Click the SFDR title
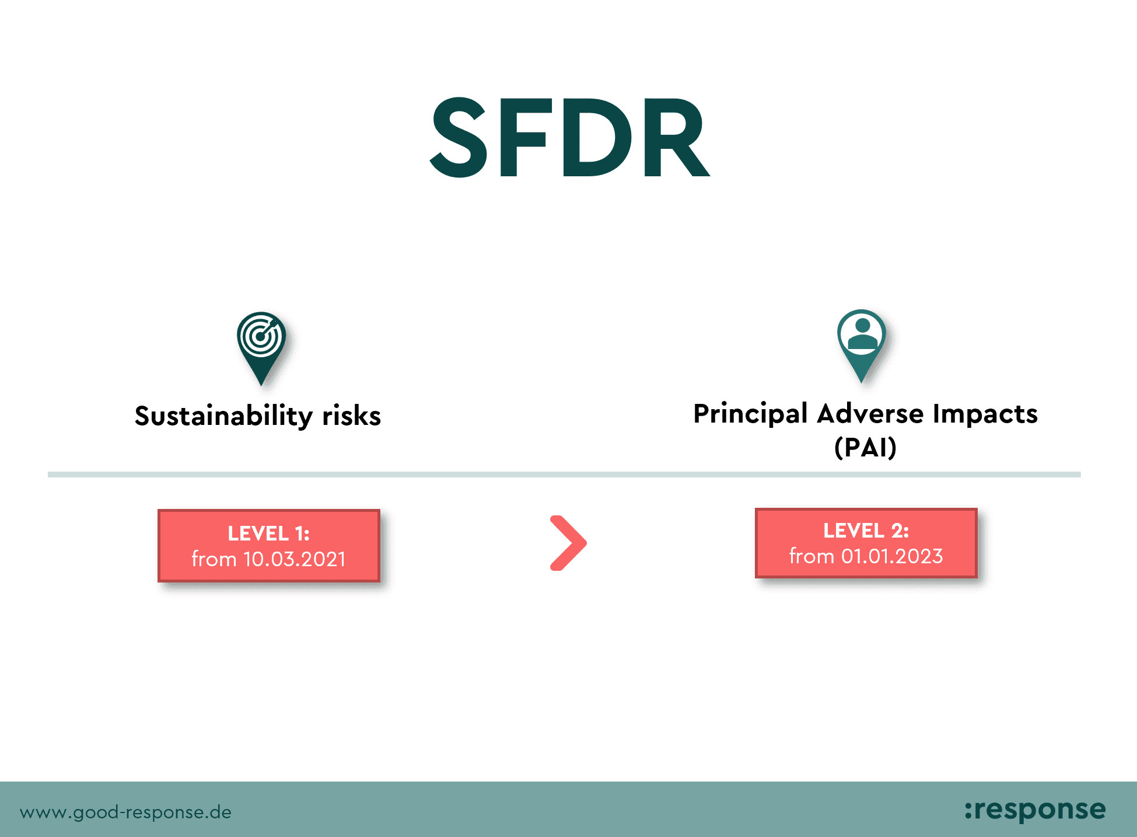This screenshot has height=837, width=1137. [x=570, y=137]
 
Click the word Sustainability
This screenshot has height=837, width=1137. [x=224, y=417]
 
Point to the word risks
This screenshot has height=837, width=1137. [x=352, y=416]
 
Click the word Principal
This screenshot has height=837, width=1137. [x=751, y=414]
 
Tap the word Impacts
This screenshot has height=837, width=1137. [x=985, y=414]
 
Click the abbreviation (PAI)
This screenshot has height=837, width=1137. [x=865, y=448]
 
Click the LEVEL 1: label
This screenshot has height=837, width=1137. [x=268, y=533]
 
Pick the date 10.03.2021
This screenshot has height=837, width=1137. [x=295, y=559]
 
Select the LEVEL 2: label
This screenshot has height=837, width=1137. [x=866, y=531]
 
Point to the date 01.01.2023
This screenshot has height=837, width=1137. [x=892, y=556]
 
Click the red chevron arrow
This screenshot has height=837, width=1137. [x=569, y=543]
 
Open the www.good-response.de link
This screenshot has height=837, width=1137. [x=125, y=812]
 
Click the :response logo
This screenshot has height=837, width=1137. [x=1035, y=810]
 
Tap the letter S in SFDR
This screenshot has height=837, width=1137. [x=459, y=137]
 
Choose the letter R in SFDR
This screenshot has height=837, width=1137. [x=677, y=137]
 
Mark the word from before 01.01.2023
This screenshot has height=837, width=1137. [x=811, y=556]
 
